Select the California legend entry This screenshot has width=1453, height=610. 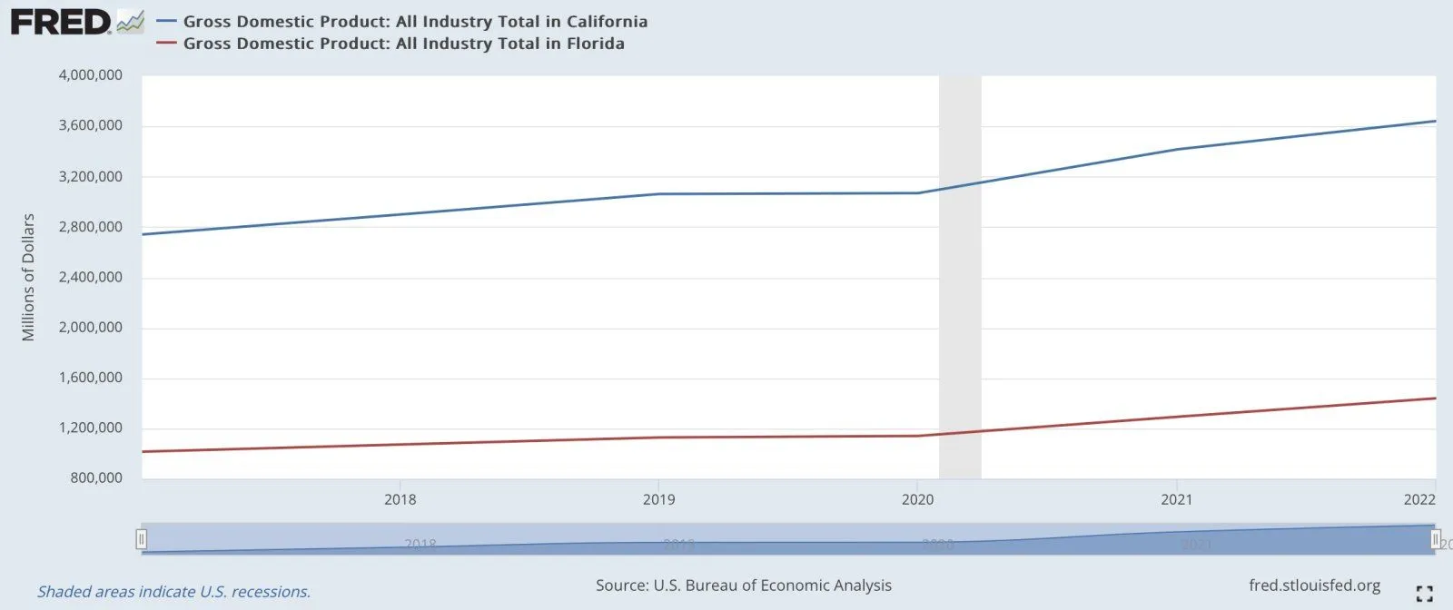[x=415, y=21]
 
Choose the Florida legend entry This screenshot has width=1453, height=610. [x=403, y=44]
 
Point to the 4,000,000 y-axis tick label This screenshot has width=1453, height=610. [x=91, y=75]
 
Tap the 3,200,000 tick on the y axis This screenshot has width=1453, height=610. [x=91, y=176]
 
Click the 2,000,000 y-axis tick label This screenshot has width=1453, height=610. [x=91, y=327]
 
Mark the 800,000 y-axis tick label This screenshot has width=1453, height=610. [x=96, y=477]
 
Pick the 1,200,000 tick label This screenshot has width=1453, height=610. [x=91, y=428]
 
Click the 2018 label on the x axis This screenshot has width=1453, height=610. [x=400, y=499]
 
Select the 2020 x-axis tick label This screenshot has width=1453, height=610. [x=918, y=499]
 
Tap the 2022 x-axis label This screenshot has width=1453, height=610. [x=1419, y=499]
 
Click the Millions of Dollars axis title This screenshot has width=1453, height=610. [x=28, y=277]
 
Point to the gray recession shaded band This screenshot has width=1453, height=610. [x=960, y=272]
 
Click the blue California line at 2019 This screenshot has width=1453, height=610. [x=659, y=193]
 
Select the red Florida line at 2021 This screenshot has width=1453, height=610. [x=1177, y=417]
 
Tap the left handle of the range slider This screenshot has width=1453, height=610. [x=142, y=539]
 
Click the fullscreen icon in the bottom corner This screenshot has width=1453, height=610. [x=1424, y=594]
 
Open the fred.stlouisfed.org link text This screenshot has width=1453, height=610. [x=1314, y=585]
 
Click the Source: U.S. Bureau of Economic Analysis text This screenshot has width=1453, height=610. [x=744, y=585]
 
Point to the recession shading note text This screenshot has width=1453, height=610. [x=173, y=592]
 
